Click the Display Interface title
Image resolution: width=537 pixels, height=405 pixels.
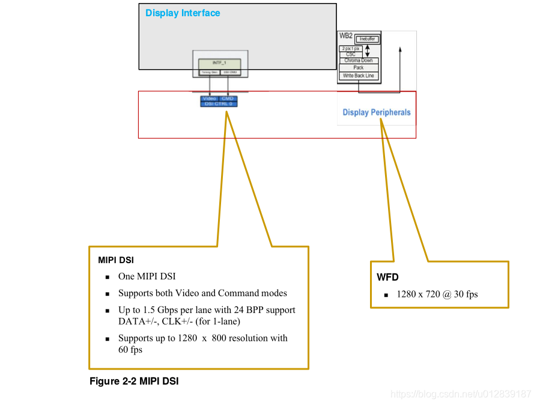pyautogui.click(x=183, y=13)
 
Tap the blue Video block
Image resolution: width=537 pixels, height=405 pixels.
pyautogui.click(x=210, y=99)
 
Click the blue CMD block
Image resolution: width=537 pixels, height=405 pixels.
pyautogui.click(x=228, y=99)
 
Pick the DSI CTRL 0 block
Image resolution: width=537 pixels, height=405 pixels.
pyautogui.click(x=219, y=104)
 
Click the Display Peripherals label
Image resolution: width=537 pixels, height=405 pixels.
pyautogui.click(x=377, y=112)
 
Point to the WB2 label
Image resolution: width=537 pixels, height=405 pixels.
pyautogui.click(x=346, y=36)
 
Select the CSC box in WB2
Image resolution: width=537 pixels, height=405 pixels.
pyautogui.click(x=351, y=55)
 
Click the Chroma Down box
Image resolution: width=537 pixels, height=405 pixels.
pyautogui.click(x=359, y=61)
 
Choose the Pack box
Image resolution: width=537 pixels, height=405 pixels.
pyautogui.click(x=359, y=68)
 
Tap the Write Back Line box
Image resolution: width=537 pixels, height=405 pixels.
pyautogui.click(x=359, y=76)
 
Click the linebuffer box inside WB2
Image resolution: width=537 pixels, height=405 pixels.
pyautogui.click(x=368, y=40)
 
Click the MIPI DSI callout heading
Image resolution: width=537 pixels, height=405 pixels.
pyautogui.click(x=116, y=261)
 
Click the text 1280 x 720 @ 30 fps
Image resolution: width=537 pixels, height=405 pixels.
pyautogui.click(x=437, y=294)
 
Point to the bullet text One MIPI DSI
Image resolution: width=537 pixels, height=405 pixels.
pyautogui.click(x=147, y=276)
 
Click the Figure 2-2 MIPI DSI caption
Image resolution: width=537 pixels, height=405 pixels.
pyautogui.click(x=134, y=381)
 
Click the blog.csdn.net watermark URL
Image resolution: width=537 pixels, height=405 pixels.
pyautogui.click(x=461, y=394)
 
